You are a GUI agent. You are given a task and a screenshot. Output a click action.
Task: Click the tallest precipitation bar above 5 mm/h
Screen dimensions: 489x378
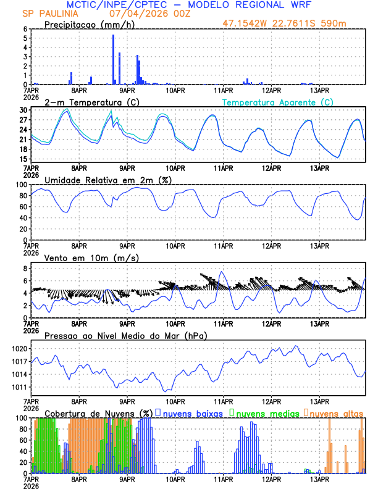pyautogui.click(x=113, y=59)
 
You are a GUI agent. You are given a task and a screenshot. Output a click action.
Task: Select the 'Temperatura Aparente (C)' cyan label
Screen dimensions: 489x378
pyautogui.click(x=277, y=102)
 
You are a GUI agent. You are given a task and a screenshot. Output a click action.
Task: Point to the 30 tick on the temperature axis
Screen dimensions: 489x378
pyautogui.click(x=23, y=110)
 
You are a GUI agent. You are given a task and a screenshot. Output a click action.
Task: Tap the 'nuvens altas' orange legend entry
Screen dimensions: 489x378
pyautogui.click(x=336, y=413)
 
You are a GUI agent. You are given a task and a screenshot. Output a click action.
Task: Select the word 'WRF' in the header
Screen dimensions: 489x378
pyautogui.click(x=307, y=4)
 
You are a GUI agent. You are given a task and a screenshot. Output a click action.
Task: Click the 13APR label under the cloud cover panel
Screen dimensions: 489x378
pyautogui.click(x=319, y=479)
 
